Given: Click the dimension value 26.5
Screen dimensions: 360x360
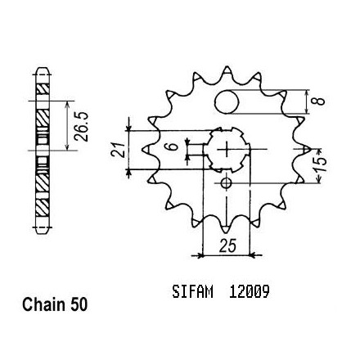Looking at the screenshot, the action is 81,126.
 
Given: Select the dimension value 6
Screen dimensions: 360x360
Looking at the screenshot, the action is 173,146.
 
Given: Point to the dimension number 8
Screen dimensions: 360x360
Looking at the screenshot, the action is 320,101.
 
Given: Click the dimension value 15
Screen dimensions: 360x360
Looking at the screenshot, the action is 321,165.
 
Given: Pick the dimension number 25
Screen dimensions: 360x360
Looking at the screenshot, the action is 227,245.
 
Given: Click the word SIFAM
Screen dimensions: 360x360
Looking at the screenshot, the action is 192,292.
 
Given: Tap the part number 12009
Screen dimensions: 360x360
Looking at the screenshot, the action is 250,292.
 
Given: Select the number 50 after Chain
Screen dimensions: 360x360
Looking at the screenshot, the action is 79,304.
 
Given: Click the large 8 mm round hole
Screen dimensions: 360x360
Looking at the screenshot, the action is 227,102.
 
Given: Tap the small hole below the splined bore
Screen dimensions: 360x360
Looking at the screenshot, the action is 226,183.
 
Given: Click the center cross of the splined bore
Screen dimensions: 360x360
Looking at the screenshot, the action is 226,149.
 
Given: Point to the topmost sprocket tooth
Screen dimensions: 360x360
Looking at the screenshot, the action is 227,71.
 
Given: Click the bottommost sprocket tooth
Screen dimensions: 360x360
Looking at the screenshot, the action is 226,228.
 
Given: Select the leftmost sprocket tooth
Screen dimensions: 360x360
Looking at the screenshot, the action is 147,149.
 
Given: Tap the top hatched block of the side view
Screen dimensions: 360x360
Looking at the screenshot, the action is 43,88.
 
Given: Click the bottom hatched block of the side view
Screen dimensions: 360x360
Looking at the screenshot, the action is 43,207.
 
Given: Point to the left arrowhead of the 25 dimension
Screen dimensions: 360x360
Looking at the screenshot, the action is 200,255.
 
